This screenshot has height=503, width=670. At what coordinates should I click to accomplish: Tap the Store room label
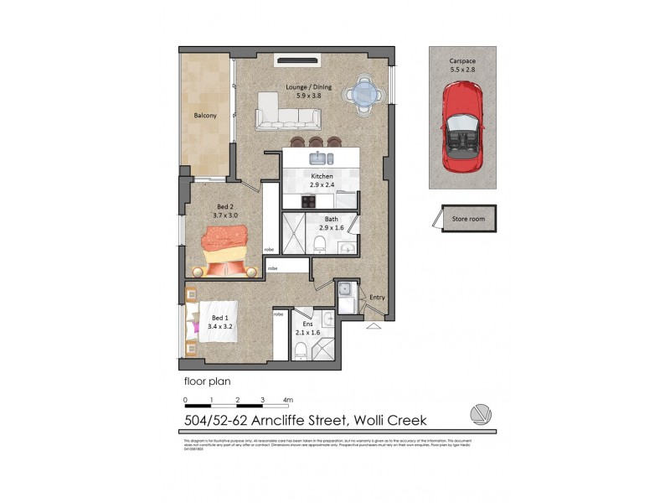coord(468,220)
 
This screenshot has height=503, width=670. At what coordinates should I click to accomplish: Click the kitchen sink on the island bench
coord(319,158)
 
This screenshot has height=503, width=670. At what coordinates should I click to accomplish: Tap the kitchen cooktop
coord(307,200)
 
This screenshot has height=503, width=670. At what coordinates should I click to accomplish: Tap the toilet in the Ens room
coord(300,349)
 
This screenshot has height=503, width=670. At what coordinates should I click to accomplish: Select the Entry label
coord(377,298)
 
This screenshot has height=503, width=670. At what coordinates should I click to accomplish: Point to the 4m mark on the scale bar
coord(287,400)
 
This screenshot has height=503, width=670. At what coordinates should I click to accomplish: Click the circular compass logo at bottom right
coord(480,414)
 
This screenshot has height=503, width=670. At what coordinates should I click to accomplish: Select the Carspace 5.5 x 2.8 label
coord(461,65)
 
